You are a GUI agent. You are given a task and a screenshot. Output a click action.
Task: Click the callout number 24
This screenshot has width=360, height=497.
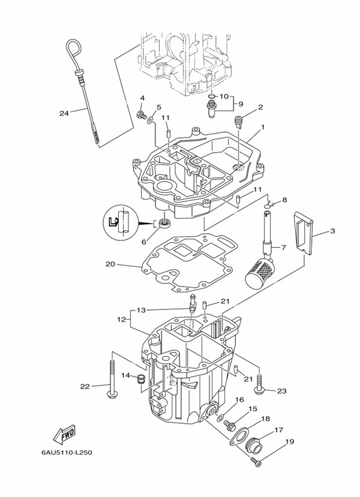click(64, 113)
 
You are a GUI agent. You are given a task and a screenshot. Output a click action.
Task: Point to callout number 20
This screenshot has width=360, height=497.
click(110, 264)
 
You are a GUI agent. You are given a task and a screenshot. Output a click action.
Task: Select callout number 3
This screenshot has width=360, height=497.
click(332, 231)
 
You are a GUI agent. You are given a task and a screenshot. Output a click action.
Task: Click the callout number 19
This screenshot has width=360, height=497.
click(289, 442)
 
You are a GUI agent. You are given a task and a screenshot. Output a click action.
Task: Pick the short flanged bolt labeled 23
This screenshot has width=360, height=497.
click(259, 384)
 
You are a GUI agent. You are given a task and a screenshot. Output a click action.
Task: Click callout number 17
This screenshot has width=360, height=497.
click(278, 429)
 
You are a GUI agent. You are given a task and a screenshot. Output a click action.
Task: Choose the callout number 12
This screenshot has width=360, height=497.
click(121, 320)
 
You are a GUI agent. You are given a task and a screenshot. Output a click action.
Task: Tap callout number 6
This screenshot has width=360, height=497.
click(143, 242)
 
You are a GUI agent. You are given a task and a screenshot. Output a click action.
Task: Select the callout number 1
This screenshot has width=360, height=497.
click(262, 128)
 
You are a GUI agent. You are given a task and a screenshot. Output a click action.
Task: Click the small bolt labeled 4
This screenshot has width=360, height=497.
click(142, 115)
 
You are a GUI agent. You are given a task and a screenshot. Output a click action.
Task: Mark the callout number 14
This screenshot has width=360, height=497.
click(126, 375)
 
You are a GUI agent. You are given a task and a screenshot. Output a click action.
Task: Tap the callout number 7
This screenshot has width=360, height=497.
click(284, 247)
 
